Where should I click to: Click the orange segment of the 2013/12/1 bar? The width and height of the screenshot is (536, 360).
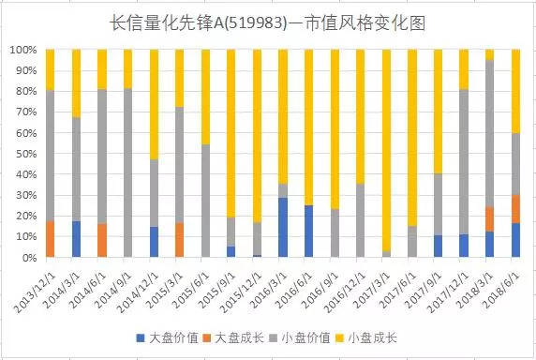pyautogui.click(x=51, y=239)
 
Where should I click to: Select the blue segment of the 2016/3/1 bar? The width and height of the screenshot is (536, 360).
pyautogui.click(x=283, y=228)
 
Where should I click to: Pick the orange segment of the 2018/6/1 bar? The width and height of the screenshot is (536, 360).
pyautogui.click(x=514, y=208)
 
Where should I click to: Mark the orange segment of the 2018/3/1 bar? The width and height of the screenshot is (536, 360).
pyautogui.click(x=489, y=218)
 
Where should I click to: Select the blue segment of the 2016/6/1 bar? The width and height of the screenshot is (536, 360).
pyautogui.click(x=308, y=232)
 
